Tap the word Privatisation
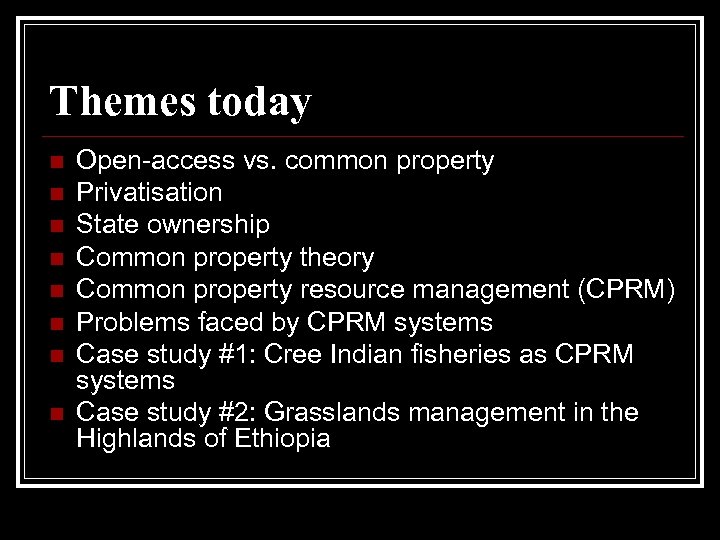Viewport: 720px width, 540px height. point(149,191)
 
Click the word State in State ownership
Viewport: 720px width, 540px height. point(108,224)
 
